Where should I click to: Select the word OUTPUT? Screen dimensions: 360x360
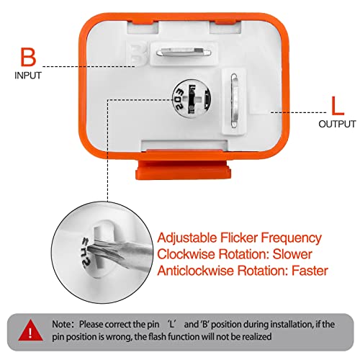click(336, 124)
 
